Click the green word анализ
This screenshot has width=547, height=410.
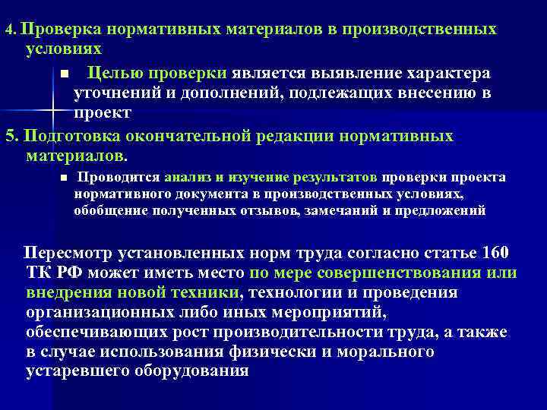coord(187,177)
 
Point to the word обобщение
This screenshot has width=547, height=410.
coord(109,210)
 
